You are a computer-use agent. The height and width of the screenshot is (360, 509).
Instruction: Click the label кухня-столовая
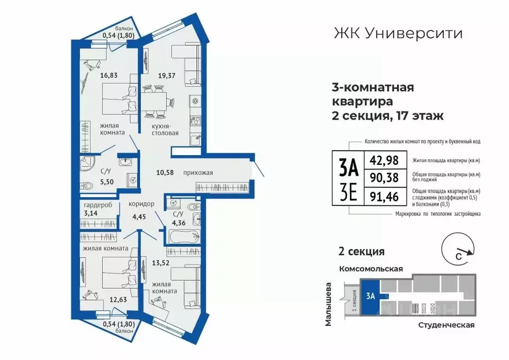(165, 130)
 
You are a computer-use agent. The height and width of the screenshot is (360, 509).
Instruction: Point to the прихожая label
(198, 173)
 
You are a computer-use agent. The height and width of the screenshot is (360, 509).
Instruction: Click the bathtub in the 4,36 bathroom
(182, 238)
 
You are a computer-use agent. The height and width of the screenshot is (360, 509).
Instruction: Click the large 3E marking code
(348, 191)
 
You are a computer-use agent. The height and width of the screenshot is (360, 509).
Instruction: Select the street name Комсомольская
(370, 269)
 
